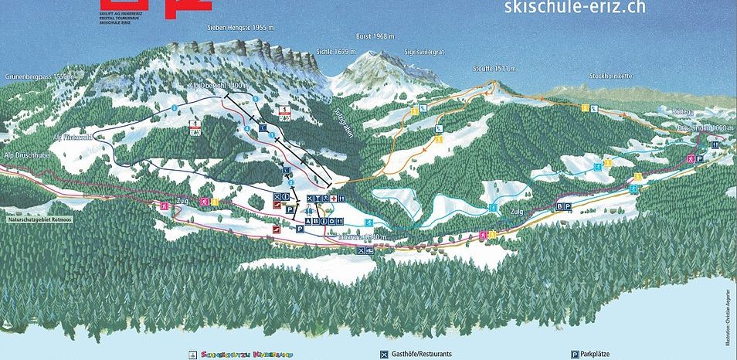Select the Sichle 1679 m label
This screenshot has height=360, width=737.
(334, 53)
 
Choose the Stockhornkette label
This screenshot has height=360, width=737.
(611, 76)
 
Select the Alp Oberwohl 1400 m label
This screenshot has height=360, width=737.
(217, 85)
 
